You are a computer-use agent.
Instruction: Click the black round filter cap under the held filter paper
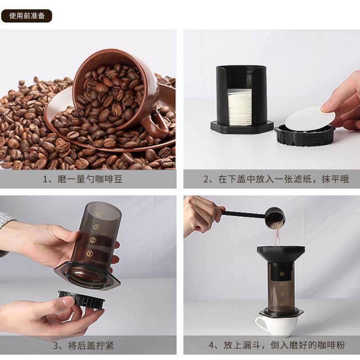(x=305, y=134)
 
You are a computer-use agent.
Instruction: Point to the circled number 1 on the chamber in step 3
(x=89, y=253)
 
